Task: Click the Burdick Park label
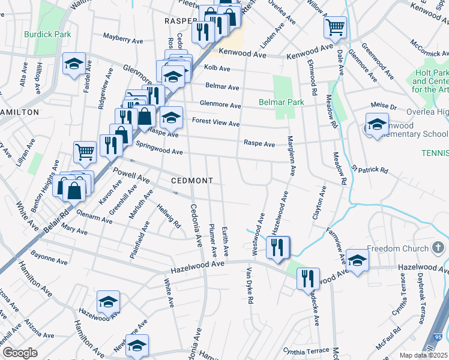[x=47, y=34]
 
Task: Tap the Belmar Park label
[x=281, y=103]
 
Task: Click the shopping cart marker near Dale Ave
[x=336, y=26]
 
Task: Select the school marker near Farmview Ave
[x=357, y=260]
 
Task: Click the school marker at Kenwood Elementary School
[x=377, y=126]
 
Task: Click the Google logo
[x=19, y=353]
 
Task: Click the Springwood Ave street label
[x=158, y=148]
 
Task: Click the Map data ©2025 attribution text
[x=423, y=355]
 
